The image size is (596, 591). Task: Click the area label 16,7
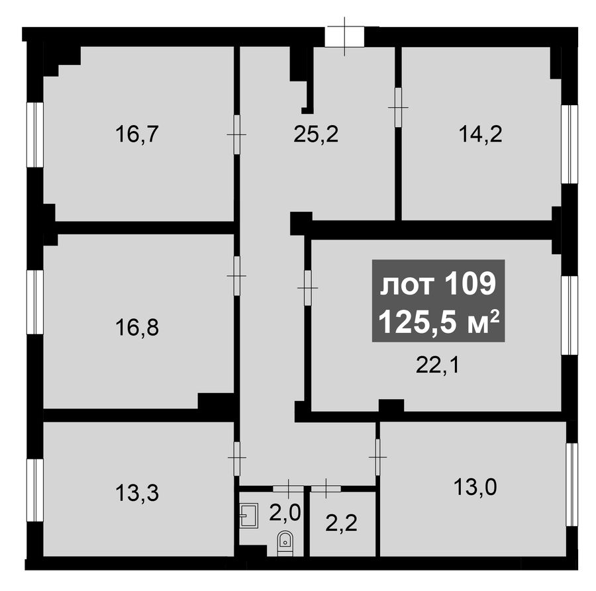pyautogui.click(x=136, y=134)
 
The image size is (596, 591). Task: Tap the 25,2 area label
pyautogui.click(x=316, y=134)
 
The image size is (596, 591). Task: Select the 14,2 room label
pyautogui.click(x=481, y=134)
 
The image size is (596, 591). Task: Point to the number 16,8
pyautogui.click(x=137, y=328)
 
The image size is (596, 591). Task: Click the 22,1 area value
pyautogui.click(x=438, y=366)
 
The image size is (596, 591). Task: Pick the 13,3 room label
pyautogui.click(x=137, y=494)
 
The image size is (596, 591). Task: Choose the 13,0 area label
pyautogui.click(x=475, y=487)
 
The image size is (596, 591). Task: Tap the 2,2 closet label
pyautogui.click(x=341, y=523)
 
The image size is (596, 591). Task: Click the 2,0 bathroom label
pyautogui.click(x=285, y=512)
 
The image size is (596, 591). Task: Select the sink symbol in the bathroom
pyautogui.click(x=249, y=514)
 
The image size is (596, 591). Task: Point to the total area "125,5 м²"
pyautogui.click(x=438, y=322)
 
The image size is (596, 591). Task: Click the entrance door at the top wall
pyautogui.click(x=344, y=36)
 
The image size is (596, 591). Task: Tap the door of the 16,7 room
pyautogui.click(x=237, y=134)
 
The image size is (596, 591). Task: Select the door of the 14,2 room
pyautogui.click(x=398, y=107)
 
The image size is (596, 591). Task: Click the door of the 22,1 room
pyautogui.click(x=307, y=288)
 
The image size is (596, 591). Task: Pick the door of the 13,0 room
pyautogui.click(x=377, y=457)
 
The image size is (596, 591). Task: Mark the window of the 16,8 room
pyautogui.click(x=34, y=302)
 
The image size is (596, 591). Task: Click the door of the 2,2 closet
pyautogui.click(x=326, y=489)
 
